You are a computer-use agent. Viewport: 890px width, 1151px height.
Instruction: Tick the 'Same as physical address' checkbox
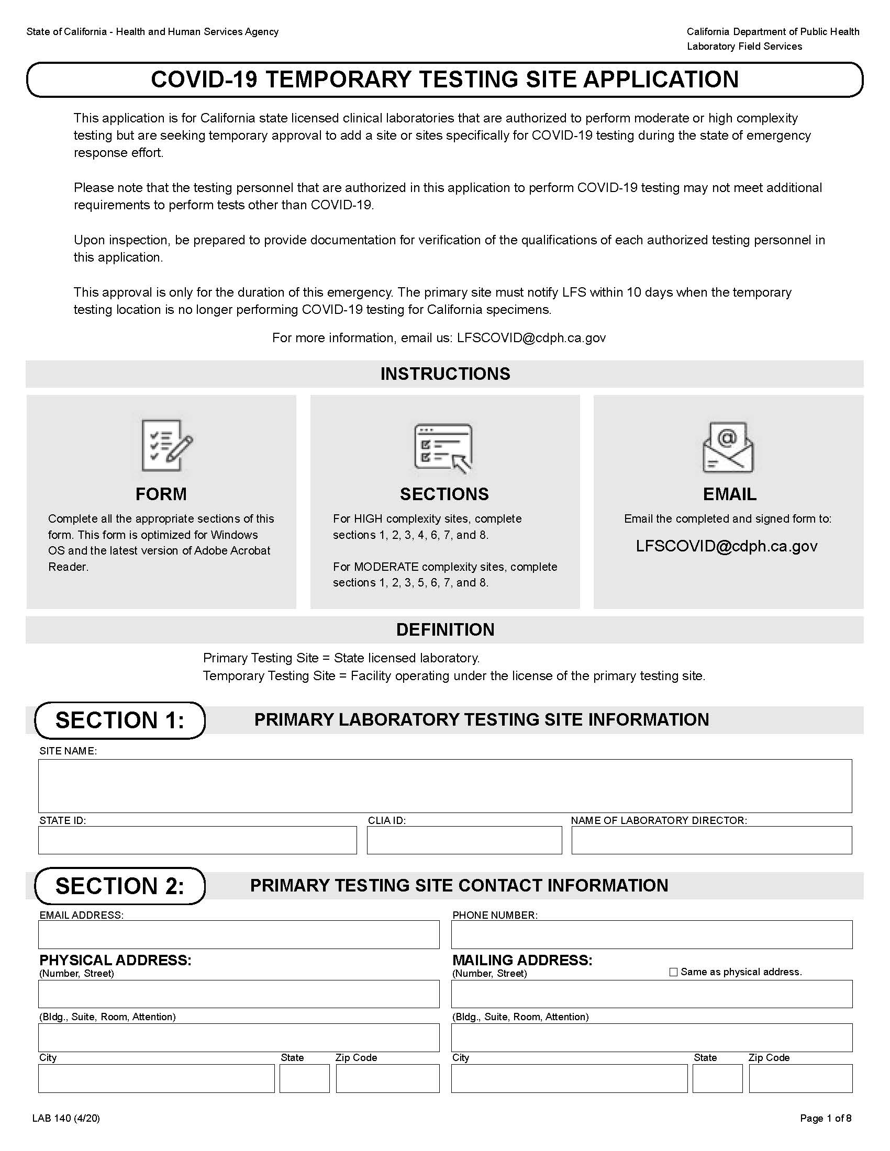673,972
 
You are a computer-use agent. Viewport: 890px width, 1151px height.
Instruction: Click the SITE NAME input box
444,785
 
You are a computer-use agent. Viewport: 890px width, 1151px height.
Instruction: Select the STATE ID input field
197,840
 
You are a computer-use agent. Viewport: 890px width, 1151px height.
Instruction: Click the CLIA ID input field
464,840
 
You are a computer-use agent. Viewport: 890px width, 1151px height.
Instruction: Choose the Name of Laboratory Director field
711,840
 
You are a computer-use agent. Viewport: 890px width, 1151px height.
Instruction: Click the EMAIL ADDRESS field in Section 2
238,934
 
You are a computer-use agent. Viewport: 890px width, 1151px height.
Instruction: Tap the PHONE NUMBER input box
651,934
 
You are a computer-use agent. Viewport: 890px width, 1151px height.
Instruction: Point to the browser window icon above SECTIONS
443,447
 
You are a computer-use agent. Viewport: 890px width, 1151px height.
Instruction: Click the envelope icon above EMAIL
728,447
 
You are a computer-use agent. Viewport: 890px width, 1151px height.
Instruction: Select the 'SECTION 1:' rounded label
120,720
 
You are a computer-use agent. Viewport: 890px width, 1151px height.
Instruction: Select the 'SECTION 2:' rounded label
120,886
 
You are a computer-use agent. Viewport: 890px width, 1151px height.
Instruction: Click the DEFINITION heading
445,630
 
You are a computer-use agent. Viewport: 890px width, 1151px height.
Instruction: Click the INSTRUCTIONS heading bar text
445,374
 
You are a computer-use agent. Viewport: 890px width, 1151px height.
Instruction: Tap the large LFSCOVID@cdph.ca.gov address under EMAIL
727,546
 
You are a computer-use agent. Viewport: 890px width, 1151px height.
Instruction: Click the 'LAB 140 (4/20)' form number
66,1119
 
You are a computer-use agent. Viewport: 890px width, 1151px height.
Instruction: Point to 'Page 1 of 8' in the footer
825,1119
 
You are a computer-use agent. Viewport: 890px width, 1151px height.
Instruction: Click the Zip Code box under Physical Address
387,1078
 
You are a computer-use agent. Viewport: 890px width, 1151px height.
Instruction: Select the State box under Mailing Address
717,1078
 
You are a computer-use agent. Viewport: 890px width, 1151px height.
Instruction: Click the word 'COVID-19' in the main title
204,80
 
